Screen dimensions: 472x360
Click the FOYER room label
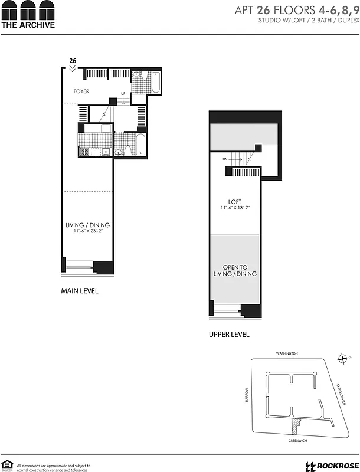[x=81, y=91]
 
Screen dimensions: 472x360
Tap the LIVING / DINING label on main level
[x=88, y=225]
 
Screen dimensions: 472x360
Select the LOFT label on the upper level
[x=235, y=202]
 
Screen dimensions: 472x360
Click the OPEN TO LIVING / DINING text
[x=235, y=270]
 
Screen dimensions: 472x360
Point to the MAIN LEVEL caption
[x=80, y=291]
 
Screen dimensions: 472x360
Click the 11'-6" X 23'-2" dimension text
[x=88, y=232]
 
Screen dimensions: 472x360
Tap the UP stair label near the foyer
[x=123, y=94]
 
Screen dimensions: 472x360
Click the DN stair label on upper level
[x=225, y=159]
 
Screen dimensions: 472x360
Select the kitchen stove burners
[x=84, y=152]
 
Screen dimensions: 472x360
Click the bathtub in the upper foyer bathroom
[x=156, y=83]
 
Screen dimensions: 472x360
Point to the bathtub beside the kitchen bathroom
[x=142, y=145]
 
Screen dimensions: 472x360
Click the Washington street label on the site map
[x=287, y=353]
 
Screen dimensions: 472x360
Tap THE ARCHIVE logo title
[x=28, y=25]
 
